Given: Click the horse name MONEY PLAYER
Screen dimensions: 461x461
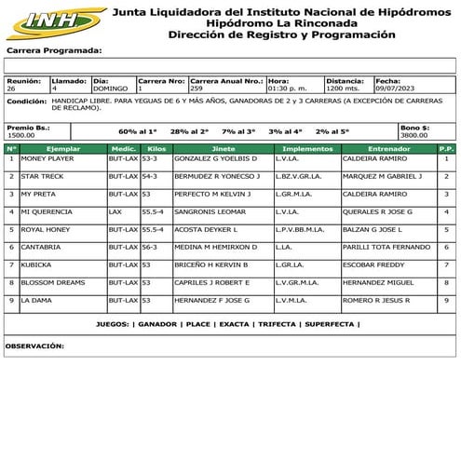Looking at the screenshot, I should pyautogui.click(x=47, y=159).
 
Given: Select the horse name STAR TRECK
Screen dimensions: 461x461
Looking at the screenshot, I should pyautogui.click(x=42, y=176).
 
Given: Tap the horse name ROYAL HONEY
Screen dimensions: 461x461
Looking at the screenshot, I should pyautogui.click(x=46, y=229).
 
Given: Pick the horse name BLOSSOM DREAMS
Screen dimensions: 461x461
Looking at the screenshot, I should pyautogui.click(x=53, y=282).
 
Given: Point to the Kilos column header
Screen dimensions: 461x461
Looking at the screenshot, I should pyautogui.click(x=156, y=148).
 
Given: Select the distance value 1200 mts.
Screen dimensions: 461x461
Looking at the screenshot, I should pyautogui.click(x=344, y=88).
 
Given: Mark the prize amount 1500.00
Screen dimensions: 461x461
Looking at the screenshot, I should pyautogui.click(x=20, y=134).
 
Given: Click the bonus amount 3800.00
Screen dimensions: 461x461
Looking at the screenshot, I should pyautogui.click(x=414, y=134).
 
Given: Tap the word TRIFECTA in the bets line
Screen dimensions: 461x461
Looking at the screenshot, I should pyautogui.click(x=277, y=325).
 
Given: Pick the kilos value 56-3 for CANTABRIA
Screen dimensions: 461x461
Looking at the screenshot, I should pyautogui.click(x=150, y=247).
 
